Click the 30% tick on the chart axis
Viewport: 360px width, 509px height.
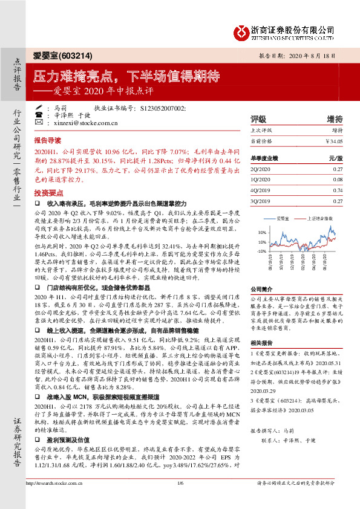point(261,232)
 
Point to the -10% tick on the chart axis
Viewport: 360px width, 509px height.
point(261,250)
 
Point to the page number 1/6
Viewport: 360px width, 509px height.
point(180,500)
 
